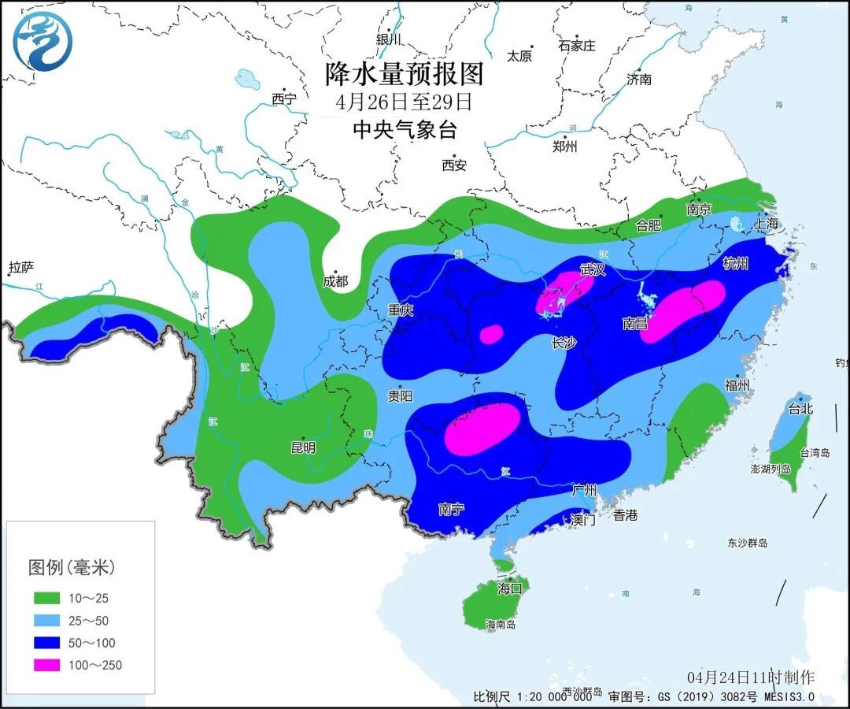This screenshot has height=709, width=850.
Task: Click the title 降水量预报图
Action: pyautogui.click(x=404, y=75)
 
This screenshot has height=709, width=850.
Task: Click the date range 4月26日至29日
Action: pyautogui.click(x=404, y=102)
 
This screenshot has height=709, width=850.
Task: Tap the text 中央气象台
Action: pyautogui.click(x=404, y=130)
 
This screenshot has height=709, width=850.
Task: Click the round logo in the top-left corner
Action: pyautogui.click(x=42, y=42)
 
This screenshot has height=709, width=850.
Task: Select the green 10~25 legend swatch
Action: pyautogui.click(x=46, y=599)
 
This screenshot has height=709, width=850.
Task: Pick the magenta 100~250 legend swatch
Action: pyautogui.click(x=46, y=665)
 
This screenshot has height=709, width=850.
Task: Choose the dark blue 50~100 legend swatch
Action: pyautogui.click(x=46, y=643)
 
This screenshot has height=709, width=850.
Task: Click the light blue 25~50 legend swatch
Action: pyautogui.click(x=46, y=621)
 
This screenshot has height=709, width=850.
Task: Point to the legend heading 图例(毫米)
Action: pyautogui.click(x=72, y=566)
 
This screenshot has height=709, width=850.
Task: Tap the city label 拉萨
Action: pyautogui.click(x=21, y=268)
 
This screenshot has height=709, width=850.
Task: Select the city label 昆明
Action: pyautogui.click(x=303, y=447)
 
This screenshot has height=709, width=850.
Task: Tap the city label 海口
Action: pyautogui.click(x=509, y=588)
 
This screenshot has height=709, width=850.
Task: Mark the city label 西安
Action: pyautogui.click(x=454, y=165)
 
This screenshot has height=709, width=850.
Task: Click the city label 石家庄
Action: pyautogui.click(x=577, y=46)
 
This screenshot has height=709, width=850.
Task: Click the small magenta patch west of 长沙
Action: pyautogui.click(x=491, y=334)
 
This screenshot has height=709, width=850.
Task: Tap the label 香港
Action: pyautogui.click(x=626, y=515)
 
